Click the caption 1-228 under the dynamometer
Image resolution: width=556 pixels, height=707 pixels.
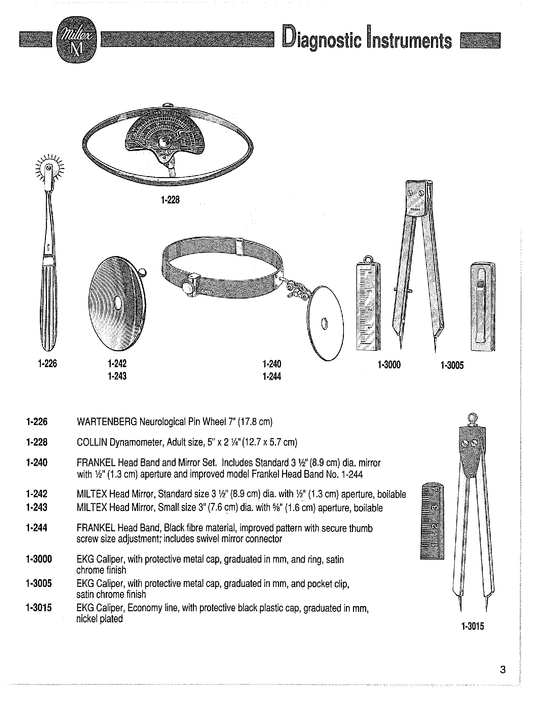pos(170,200)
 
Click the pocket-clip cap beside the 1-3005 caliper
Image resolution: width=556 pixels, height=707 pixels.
pos(483,307)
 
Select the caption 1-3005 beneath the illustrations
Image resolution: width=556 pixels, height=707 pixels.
pos(452,365)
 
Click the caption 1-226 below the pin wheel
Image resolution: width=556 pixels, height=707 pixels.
pos(48,364)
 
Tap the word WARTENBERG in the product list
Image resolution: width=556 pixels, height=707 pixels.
pos(105,422)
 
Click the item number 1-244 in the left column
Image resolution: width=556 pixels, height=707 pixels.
pos(36,528)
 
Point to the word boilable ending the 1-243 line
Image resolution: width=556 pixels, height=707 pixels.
pos(368,508)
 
